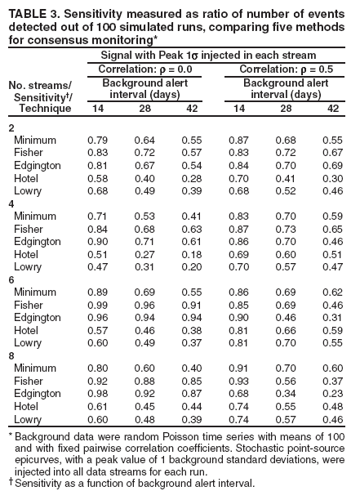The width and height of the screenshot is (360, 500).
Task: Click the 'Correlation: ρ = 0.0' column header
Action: (144, 69)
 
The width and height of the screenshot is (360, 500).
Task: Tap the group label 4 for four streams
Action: (11, 201)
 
